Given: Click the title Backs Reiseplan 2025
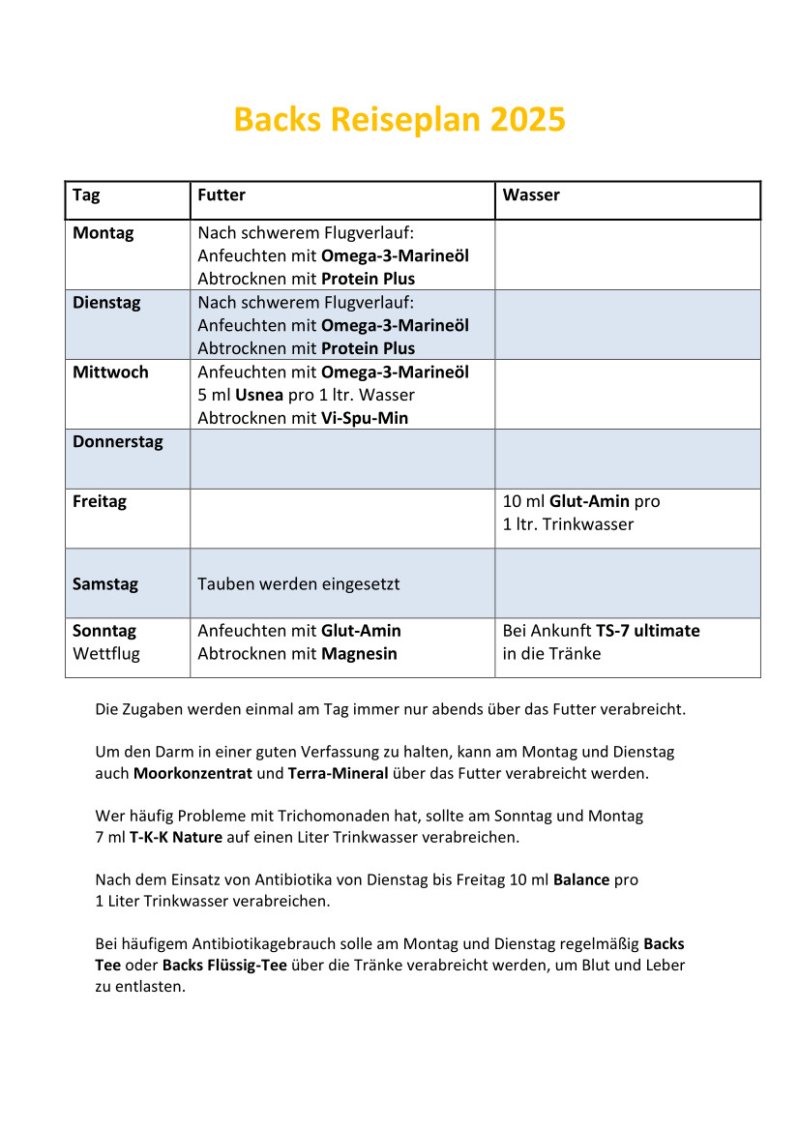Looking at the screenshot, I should tap(399, 120).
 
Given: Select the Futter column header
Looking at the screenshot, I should tap(222, 195).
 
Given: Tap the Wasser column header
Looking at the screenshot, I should tap(531, 195).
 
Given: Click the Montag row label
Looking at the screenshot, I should tap(104, 233).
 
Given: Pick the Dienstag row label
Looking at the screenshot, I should tap(106, 303).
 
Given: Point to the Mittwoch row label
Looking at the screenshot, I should tap(110, 372).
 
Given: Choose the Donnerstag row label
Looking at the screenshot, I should tap(118, 442).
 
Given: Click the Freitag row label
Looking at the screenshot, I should tap(100, 502).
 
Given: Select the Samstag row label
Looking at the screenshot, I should tap(105, 584).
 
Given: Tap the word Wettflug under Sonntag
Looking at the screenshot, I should tap(106, 654).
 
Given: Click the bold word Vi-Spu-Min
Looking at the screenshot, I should tap(365, 419).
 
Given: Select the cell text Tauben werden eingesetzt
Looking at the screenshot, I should tap(298, 584).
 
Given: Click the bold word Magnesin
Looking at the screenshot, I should tap(359, 654).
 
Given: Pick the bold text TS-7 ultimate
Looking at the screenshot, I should tap(647, 631).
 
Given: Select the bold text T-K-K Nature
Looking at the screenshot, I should tap(176, 837).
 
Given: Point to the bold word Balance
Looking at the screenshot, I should tap(581, 880).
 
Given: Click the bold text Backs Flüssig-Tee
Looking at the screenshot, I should tap(224, 966).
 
